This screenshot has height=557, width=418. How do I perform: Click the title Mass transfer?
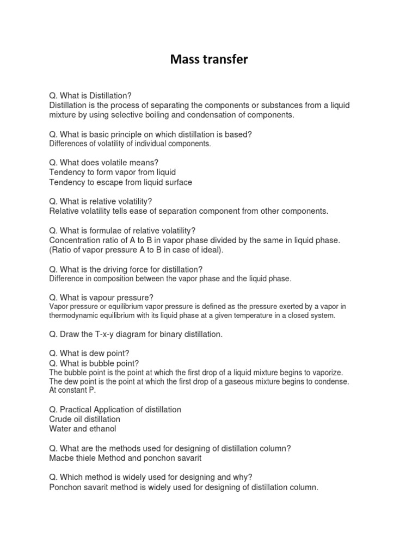[x=208, y=59]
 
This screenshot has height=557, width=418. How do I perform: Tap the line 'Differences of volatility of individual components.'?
[x=130, y=144]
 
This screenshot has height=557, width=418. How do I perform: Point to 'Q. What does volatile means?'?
[x=103, y=163]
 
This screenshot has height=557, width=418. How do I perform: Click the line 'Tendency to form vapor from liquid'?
[x=112, y=172]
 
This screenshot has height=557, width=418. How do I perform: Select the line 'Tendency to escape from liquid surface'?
[x=120, y=182]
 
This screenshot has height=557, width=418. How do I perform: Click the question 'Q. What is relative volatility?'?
[x=101, y=201]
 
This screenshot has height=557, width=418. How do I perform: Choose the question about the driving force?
[x=126, y=269]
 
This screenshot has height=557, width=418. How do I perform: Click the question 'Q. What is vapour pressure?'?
[x=101, y=297]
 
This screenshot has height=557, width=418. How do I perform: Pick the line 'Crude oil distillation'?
[x=84, y=419]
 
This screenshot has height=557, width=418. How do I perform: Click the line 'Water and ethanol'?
[x=82, y=429]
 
